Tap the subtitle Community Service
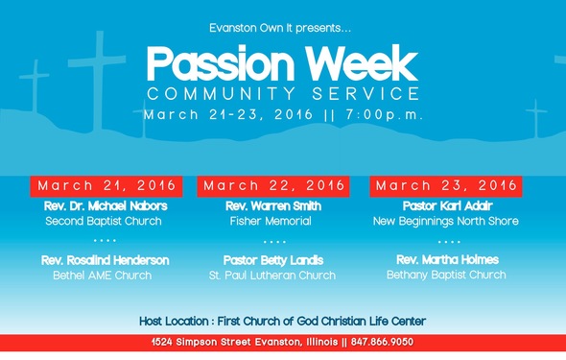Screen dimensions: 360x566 click(x=283, y=94)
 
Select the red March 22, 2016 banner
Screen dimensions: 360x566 click(x=274, y=185)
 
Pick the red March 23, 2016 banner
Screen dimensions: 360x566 click(x=446, y=185)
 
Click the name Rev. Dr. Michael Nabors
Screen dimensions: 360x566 click(x=106, y=206)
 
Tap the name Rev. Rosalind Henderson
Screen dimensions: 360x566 click(x=106, y=260)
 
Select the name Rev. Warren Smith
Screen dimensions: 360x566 click(x=273, y=206)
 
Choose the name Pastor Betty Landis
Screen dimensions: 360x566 click(x=273, y=260)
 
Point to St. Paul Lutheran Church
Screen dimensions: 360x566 click(x=273, y=276)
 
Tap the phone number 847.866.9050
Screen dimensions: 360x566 click(x=378, y=343)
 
